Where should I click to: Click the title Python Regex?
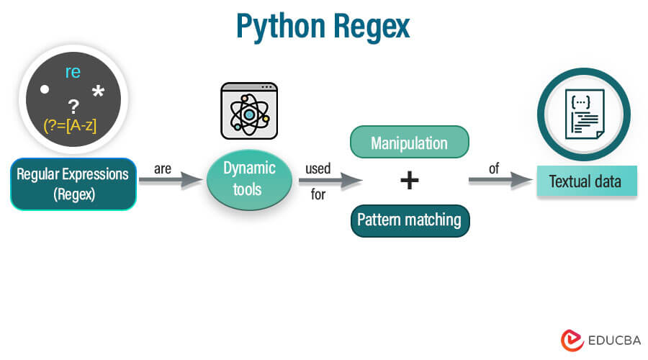click(323, 27)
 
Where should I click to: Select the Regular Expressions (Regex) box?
click(73, 184)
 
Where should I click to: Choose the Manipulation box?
click(409, 143)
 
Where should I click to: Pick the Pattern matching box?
click(409, 220)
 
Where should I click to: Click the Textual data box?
click(586, 181)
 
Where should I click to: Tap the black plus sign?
click(409, 180)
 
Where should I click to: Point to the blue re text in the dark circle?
click(72, 71)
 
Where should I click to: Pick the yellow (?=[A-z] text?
click(71, 125)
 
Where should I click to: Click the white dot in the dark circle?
click(45, 90)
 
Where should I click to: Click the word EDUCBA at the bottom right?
click(610, 340)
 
